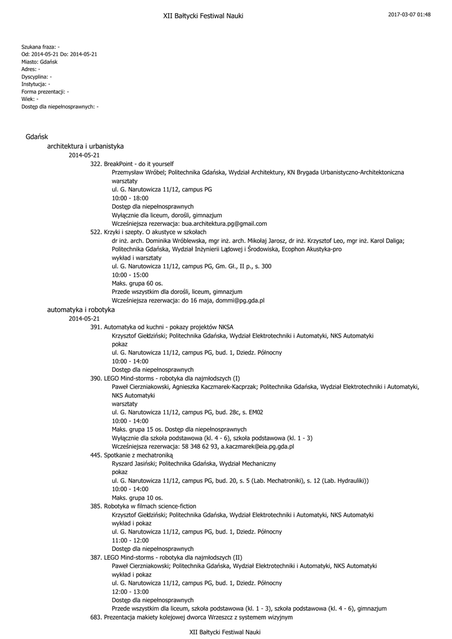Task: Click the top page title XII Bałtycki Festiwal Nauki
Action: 203,16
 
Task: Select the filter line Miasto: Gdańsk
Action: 39,62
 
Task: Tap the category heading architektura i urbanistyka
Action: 86,146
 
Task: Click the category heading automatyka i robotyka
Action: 81,310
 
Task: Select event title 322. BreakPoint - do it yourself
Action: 132,163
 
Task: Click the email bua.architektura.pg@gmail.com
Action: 224,223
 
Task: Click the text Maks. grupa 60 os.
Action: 137,283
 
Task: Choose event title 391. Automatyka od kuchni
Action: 162,327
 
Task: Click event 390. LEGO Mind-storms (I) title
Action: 165,378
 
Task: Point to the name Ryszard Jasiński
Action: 134,464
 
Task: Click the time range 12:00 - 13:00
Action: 130,592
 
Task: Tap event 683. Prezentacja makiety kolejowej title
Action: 191,617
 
